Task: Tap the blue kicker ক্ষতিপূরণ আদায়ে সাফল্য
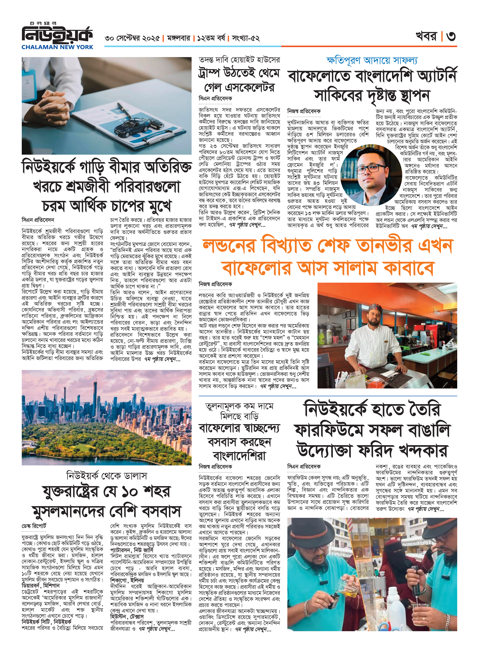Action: (372, 61)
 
